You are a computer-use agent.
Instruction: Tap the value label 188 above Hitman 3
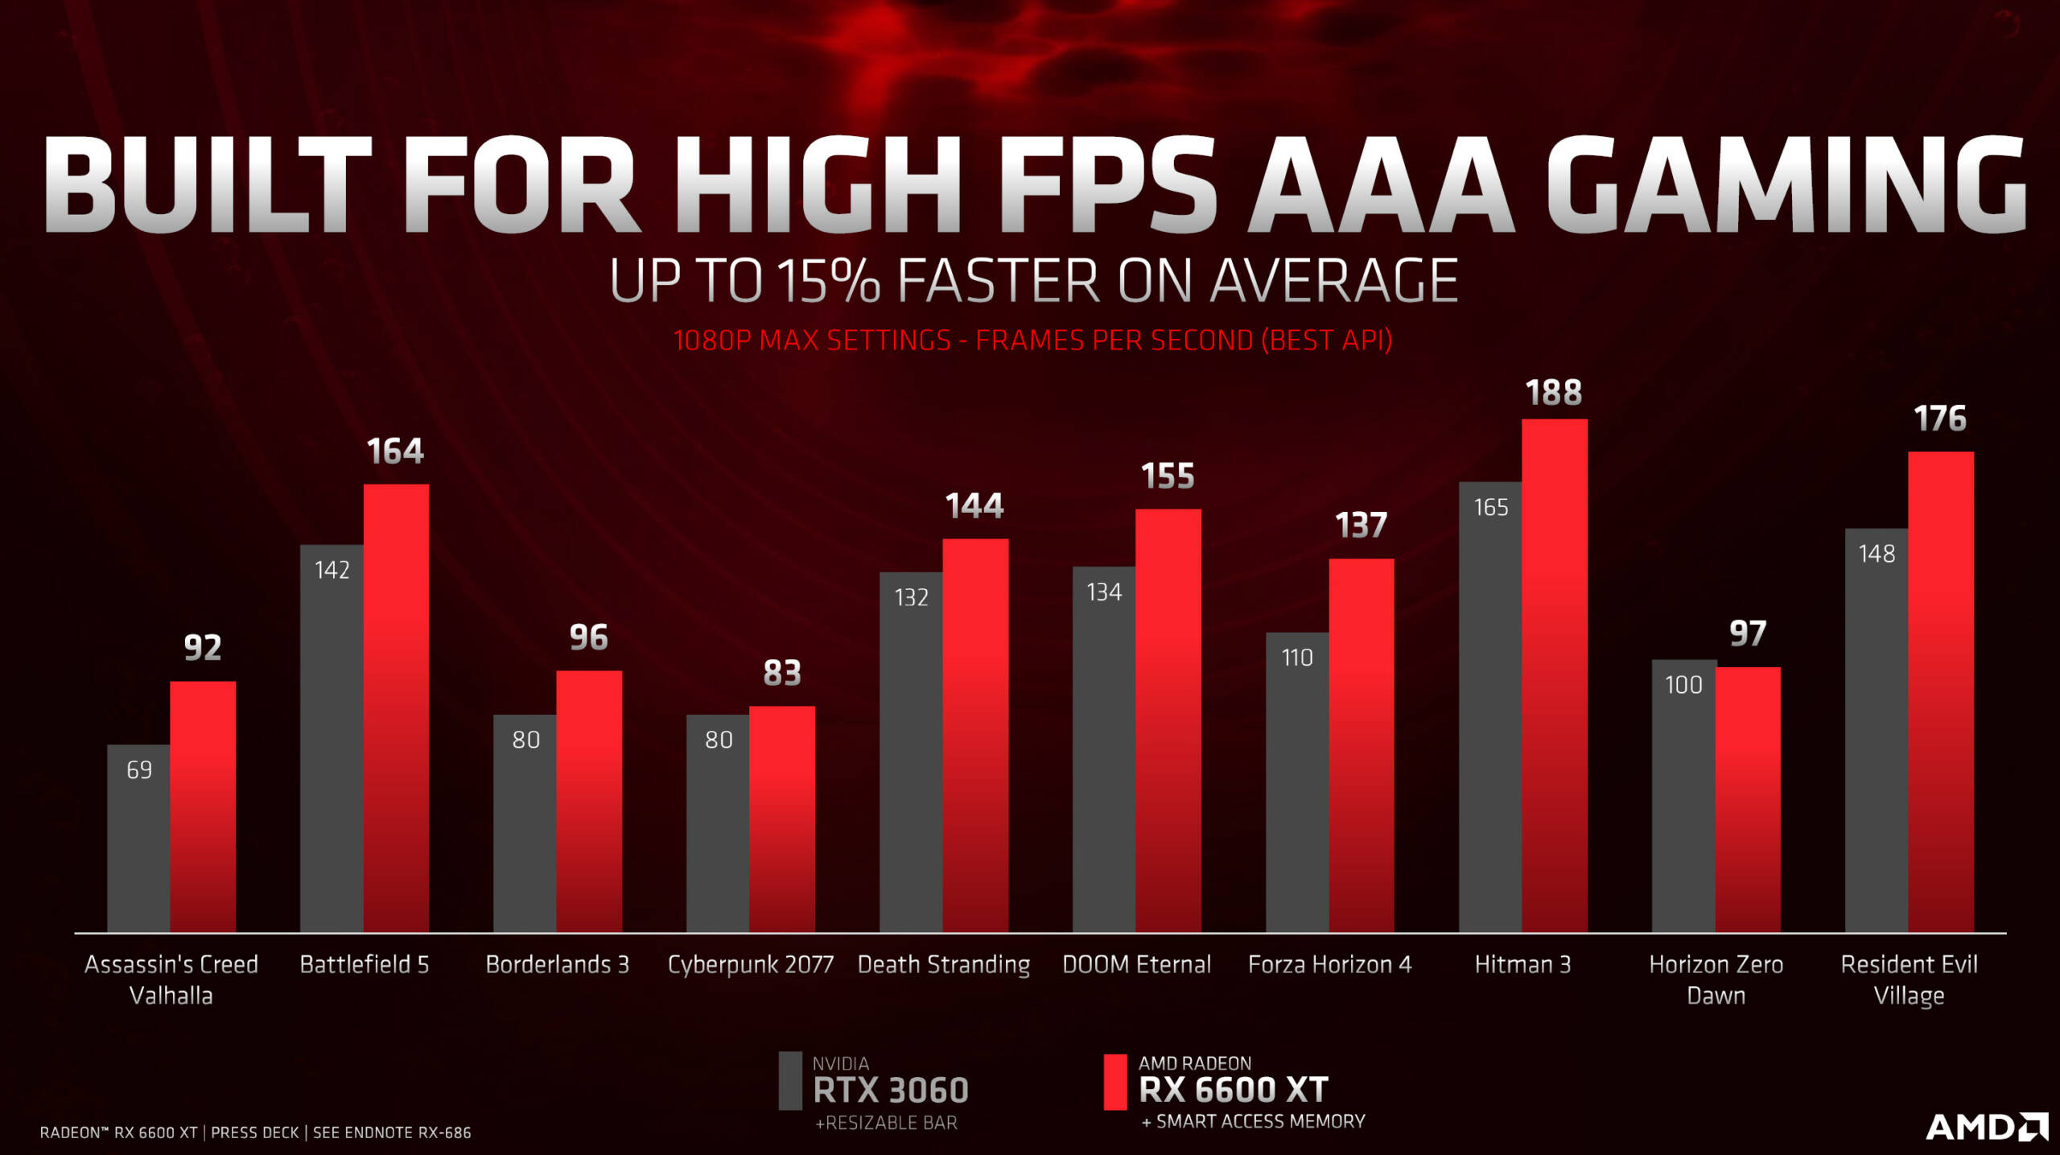[x=1554, y=394]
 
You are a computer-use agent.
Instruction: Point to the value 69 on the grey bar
[x=139, y=770]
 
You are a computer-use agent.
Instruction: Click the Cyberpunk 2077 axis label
[x=750, y=964]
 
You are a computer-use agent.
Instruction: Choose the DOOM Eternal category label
[x=1136, y=964]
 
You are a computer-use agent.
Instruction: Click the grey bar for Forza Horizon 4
[x=1296, y=789]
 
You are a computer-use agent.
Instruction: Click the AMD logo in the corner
[x=1986, y=1126]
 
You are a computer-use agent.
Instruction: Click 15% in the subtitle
[x=829, y=281]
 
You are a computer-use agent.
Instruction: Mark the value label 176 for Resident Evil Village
[x=1940, y=419]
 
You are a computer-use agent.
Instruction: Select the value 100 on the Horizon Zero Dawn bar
[x=1683, y=685]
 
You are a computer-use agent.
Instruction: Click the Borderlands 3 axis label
[x=557, y=964]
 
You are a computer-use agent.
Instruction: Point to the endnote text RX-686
[x=444, y=1132]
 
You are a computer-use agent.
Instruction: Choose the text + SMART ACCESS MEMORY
[x=1253, y=1121]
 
